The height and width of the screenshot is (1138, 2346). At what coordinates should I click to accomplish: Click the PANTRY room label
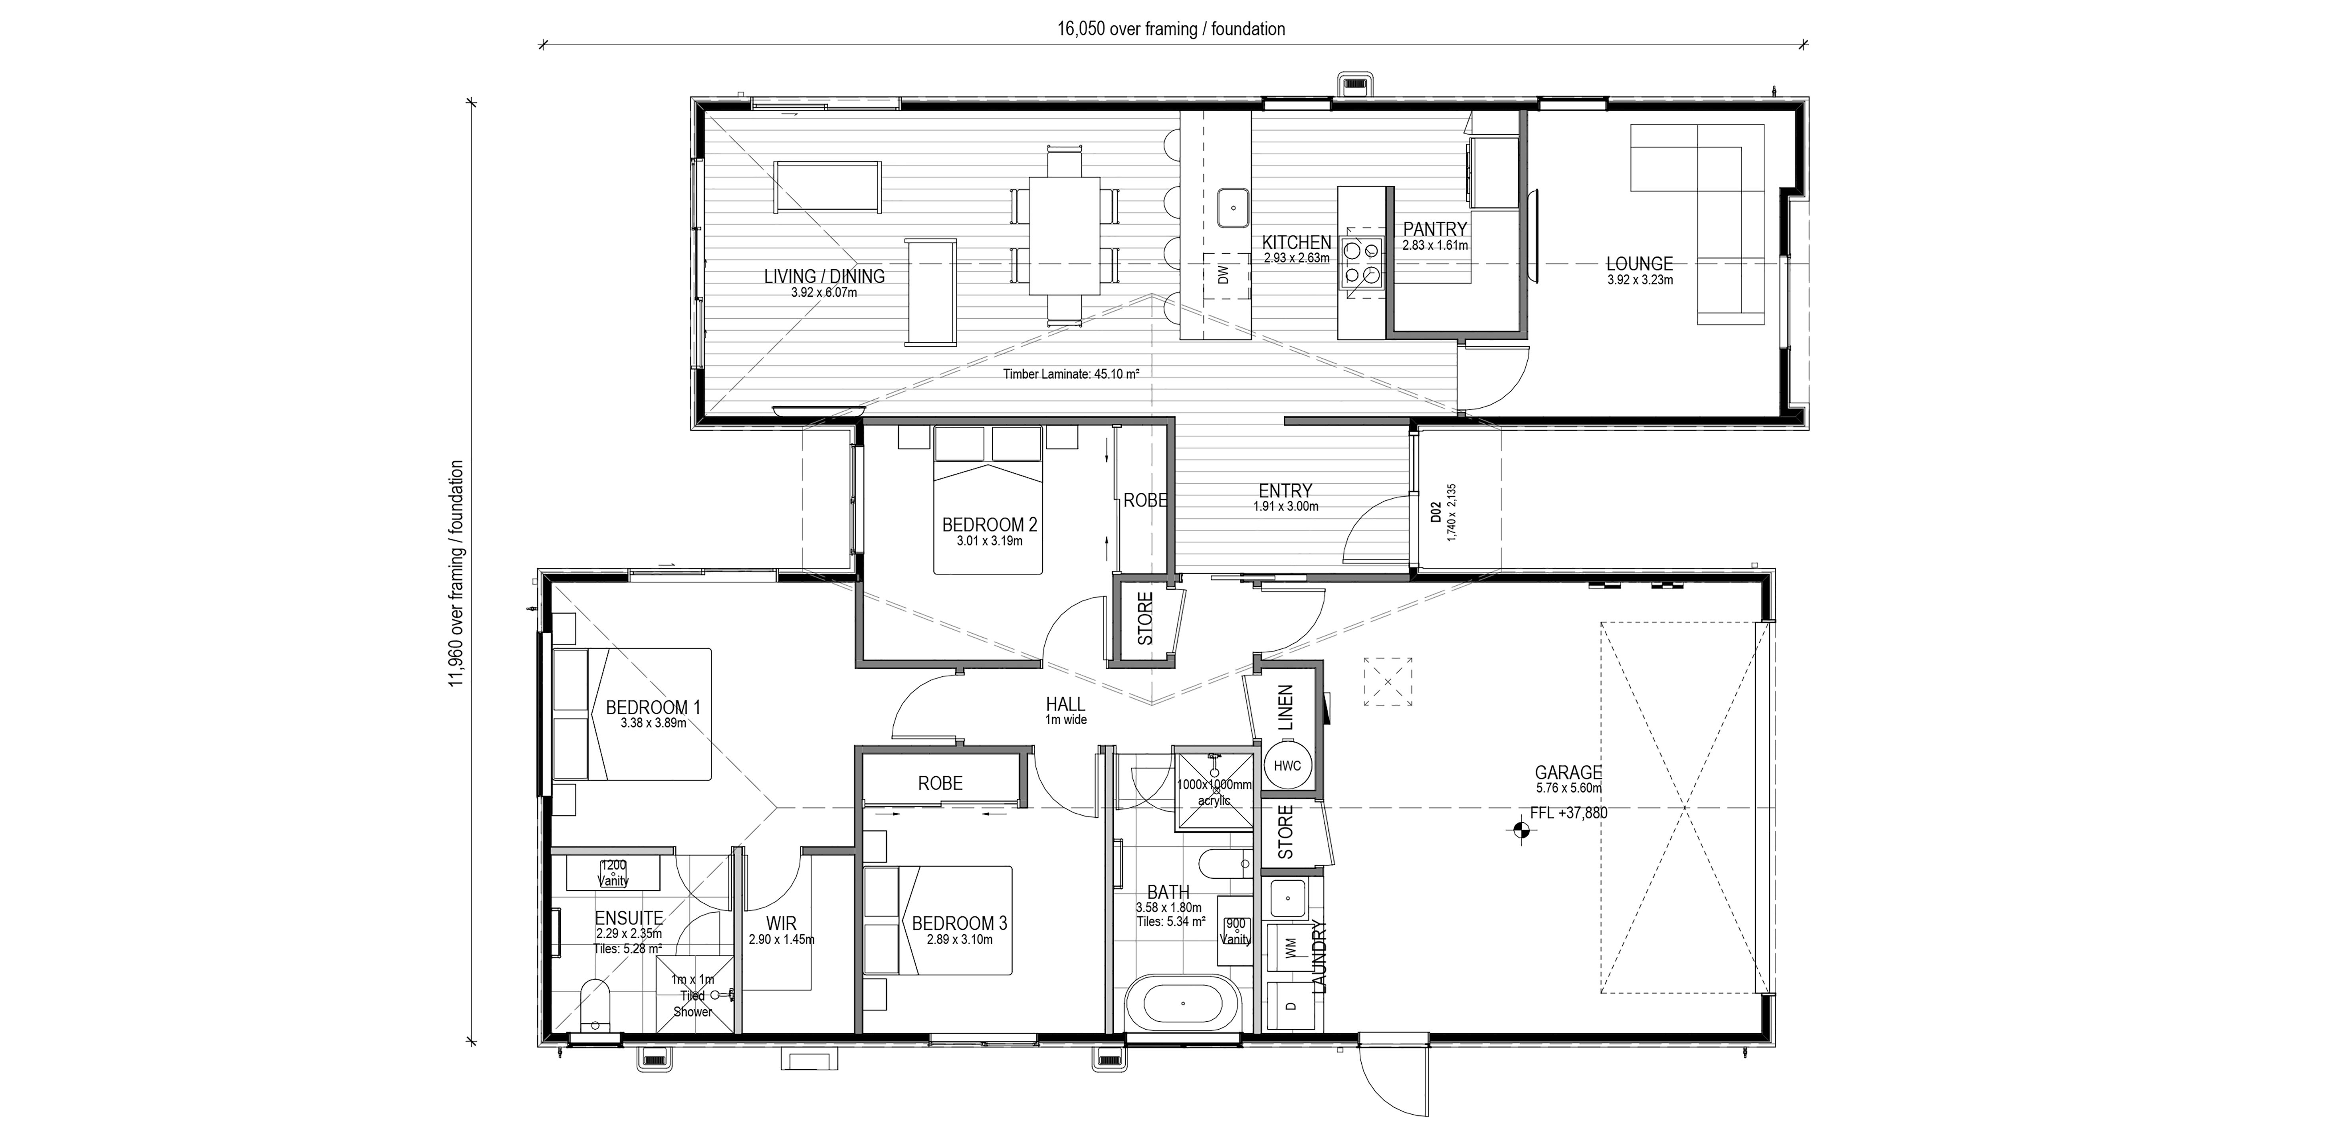(1434, 230)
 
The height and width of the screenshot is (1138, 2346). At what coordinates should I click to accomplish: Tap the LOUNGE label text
(1639, 264)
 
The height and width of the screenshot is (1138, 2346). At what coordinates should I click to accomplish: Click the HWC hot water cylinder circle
(1287, 766)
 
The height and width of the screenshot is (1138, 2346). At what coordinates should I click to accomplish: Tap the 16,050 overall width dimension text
(1171, 29)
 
